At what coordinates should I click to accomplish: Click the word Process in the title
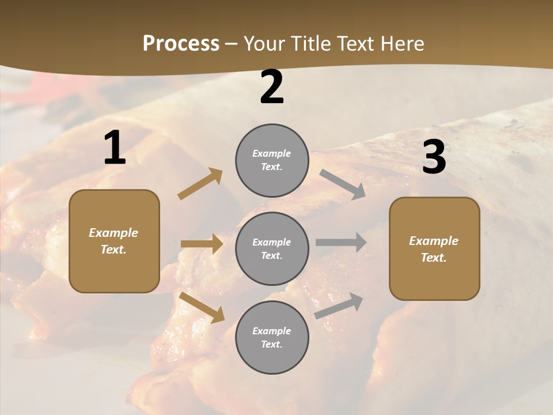point(181,44)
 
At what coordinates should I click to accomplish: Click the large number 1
point(115,148)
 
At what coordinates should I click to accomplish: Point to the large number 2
point(272,87)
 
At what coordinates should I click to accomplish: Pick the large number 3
point(434,157)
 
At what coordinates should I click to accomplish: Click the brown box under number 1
point(114,241)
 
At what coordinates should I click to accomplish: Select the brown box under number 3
point(434,248)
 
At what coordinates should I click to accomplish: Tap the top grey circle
point(272,160)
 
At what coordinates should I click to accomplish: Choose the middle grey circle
point(272,248)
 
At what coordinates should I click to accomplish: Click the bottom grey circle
point(272,337)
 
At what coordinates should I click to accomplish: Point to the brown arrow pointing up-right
point(200,184)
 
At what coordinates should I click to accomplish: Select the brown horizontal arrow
point(202,244)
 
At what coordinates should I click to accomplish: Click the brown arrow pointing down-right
point(202,307)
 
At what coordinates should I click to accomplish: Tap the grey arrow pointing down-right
point(342,184)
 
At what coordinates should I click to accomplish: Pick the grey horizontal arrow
point(341,242)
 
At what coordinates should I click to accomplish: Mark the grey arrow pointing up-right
point(339,305)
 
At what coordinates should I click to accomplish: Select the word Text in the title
point(356,44)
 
